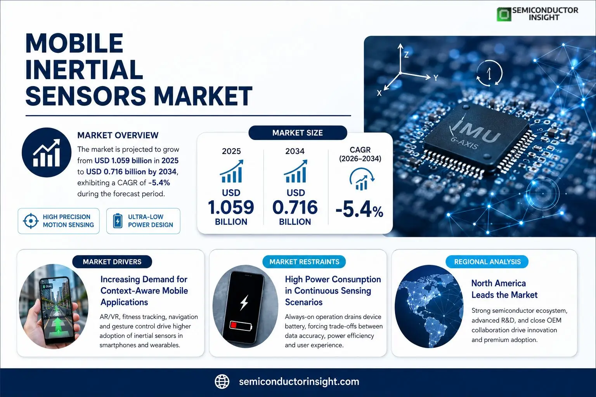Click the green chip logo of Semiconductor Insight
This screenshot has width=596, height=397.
point(504,14)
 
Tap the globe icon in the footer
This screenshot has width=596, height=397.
point(222,381)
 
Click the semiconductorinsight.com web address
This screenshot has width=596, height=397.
point(299,381)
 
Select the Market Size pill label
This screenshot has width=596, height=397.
point(298,133)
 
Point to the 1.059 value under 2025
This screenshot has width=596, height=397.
point(231,207)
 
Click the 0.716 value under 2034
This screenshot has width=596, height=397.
point(295,207)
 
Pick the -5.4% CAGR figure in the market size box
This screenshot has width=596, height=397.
point(359,210)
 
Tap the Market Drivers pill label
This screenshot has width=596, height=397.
point(112,262)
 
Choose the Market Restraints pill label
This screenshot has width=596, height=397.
point(304,262)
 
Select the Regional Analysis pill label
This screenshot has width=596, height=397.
point(487,262)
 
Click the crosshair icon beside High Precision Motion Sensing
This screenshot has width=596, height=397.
point(31,221)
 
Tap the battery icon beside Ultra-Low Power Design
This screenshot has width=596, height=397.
point(118,221)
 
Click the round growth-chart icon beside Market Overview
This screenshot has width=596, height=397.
point(47,152)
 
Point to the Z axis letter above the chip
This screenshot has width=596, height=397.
point(406,55)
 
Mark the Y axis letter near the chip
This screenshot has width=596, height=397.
point(436,78)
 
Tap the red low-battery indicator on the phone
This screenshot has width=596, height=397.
point(234,325)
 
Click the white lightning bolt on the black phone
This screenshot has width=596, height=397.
point(244,302)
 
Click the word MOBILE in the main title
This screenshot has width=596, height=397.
point(74,43)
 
